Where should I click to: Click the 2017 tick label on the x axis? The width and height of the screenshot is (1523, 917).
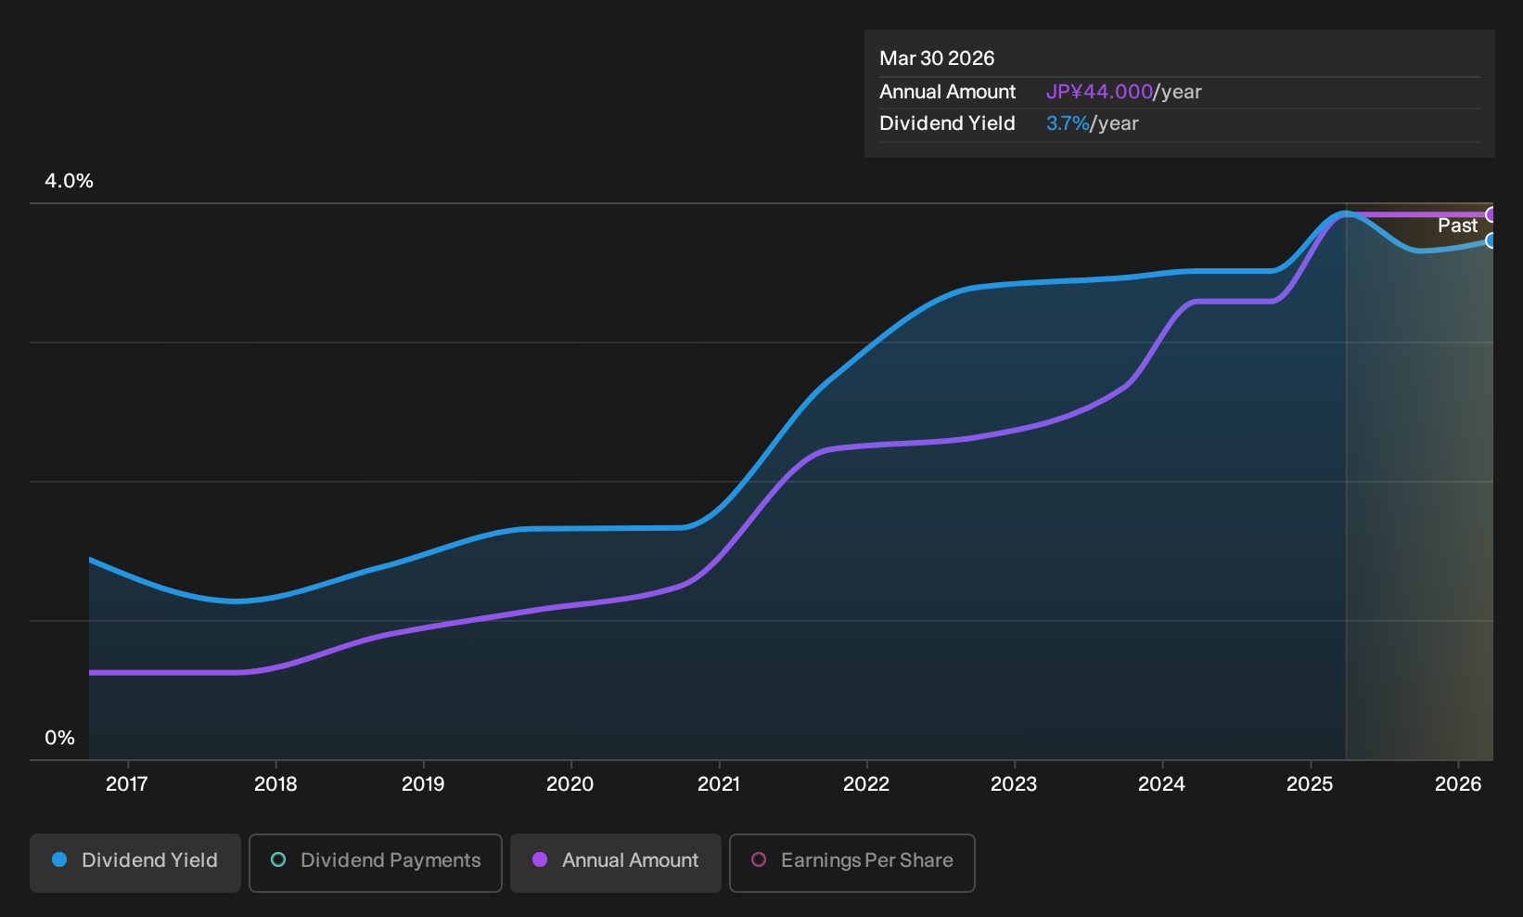[127, 784]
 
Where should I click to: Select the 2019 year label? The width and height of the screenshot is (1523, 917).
[423, 784]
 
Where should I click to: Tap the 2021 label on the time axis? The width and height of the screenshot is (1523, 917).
[719, 784]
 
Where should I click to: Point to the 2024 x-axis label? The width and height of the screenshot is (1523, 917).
[1162, 784]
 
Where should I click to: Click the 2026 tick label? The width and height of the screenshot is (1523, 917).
[1458, 784]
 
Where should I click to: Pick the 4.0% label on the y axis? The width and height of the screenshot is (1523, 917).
[69, 181]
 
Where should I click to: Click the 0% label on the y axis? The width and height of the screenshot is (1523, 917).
[60, 738]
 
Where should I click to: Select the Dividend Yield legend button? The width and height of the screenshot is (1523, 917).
[135, 862]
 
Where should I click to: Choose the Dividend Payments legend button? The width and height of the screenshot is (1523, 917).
[376, 862]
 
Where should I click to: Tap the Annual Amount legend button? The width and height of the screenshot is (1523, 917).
[615, 862]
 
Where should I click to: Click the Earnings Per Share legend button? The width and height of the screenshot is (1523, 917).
[851, 862]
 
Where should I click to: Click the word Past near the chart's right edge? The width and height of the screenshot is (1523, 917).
[1458, 226]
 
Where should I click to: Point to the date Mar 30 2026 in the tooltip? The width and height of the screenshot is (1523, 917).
[937, 58]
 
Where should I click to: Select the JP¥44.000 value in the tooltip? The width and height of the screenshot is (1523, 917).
[1099, 92]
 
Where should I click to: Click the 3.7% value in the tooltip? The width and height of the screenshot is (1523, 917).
[1068, 123]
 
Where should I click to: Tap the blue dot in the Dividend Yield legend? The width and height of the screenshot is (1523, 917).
[60, 859]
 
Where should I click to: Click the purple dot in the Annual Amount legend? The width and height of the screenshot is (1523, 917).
[540, 859]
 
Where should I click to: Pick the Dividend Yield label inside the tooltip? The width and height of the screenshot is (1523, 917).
[947, 123]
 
